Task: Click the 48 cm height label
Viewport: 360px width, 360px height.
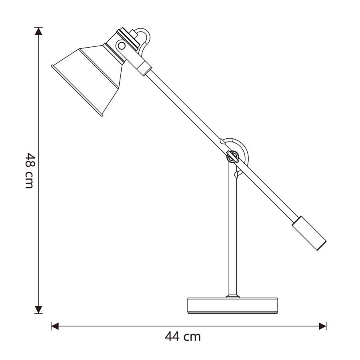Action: pyautogui.click(x=29, y=170)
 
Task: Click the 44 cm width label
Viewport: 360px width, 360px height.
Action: pyautogui.click(x=183, y=336)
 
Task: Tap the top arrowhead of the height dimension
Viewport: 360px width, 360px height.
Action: pyautogui.click(x=38, y=31)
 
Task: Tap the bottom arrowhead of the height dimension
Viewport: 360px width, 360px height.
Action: pyautogui.click(x=38, y=309)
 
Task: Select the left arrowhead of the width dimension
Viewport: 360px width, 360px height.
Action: pyautogui.click(x=55, y=326)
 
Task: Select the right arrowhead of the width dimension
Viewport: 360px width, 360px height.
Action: pyautogui.click(x=322, y=326)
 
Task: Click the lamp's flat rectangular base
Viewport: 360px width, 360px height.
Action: pyautogui.click(x=233, y=305)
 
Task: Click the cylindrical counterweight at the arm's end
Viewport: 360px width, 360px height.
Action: pyautogui.click(x=309, y=233)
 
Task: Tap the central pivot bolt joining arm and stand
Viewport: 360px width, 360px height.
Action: pyautogui.click(x=232, y=157)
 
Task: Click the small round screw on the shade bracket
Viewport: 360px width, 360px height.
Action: pyautogui.click(x=122, y=46)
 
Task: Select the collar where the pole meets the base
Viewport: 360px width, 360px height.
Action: pyautogui.click(x=232, y=296)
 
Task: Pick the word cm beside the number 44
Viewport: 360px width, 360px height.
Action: pyautogui.click(x=192, y=337)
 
